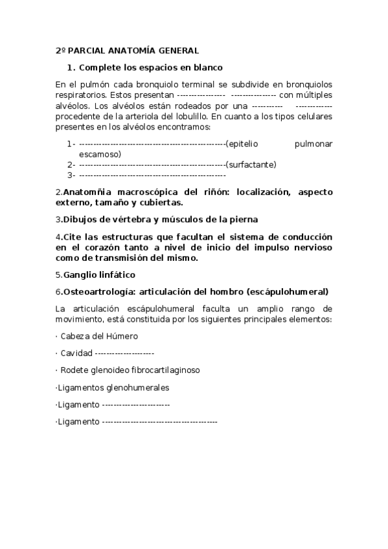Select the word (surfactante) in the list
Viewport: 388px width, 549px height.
click(251, 164)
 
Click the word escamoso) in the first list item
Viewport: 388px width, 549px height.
click(100, 154)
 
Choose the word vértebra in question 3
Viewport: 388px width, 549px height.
click(118, 219)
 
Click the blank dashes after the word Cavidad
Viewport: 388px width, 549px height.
click(124, 353)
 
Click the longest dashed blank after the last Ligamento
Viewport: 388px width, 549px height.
click(160, 421)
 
